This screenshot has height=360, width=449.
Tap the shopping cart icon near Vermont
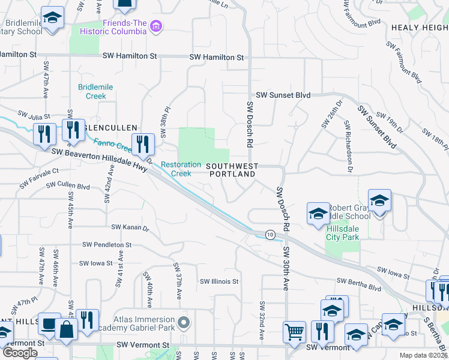pos(294,331)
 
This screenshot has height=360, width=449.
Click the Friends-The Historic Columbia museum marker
pos(157,26)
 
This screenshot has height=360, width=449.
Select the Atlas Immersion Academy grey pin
pos(185,323)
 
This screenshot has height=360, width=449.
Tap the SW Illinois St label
pos(219,281)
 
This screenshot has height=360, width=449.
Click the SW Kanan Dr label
pos(130,227)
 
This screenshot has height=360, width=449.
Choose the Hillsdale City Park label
pos(342,233)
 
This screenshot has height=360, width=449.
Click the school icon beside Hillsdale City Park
pos(318,212)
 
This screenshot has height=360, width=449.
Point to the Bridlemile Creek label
pos(92,91)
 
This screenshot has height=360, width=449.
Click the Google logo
pos(20,353)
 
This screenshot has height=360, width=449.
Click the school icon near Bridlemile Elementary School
pos(53,17)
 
